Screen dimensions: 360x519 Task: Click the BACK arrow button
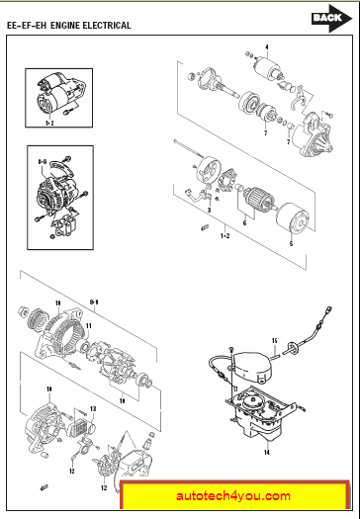pyautogui.click(x=331, y=18)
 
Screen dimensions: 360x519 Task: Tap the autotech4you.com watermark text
pyautogui.click(x=233, y=496)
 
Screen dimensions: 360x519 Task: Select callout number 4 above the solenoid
pyautogui.click(x=267, y=47)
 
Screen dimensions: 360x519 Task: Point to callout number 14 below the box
pyautogui.click(x=267, y=452)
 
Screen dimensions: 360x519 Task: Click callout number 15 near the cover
pyautogui.click(x=274, y=341)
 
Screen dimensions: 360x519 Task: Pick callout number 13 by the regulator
pyautogui.click(x=93, y=409)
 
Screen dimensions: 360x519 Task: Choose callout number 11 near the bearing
pyautogui.click(x=89, y=326)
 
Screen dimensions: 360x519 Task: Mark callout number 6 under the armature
pyautogui.click(x=244, y=223)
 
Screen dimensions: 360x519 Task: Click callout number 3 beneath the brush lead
pyautogui.click(x=209, y=211)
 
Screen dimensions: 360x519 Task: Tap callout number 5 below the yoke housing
pyautogui.click(x=291, y=244)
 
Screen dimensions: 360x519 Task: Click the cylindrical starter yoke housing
pyautogui.click(x=293, y=218)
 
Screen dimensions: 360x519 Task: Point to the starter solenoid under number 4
pyautogui.click(x=268, y=67)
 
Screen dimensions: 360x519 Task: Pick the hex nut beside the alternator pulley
pyautogui.click(x=22, y=311)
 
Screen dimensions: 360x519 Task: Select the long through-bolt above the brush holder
pyautogui.click(x=188, y=148)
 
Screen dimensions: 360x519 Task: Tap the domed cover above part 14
pyautogui.click(x=254, y=366)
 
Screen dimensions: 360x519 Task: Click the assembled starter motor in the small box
pyautogui.click(x=58, y=95)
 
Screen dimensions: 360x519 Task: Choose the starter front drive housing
pyautogui.click(x=315, y=135)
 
